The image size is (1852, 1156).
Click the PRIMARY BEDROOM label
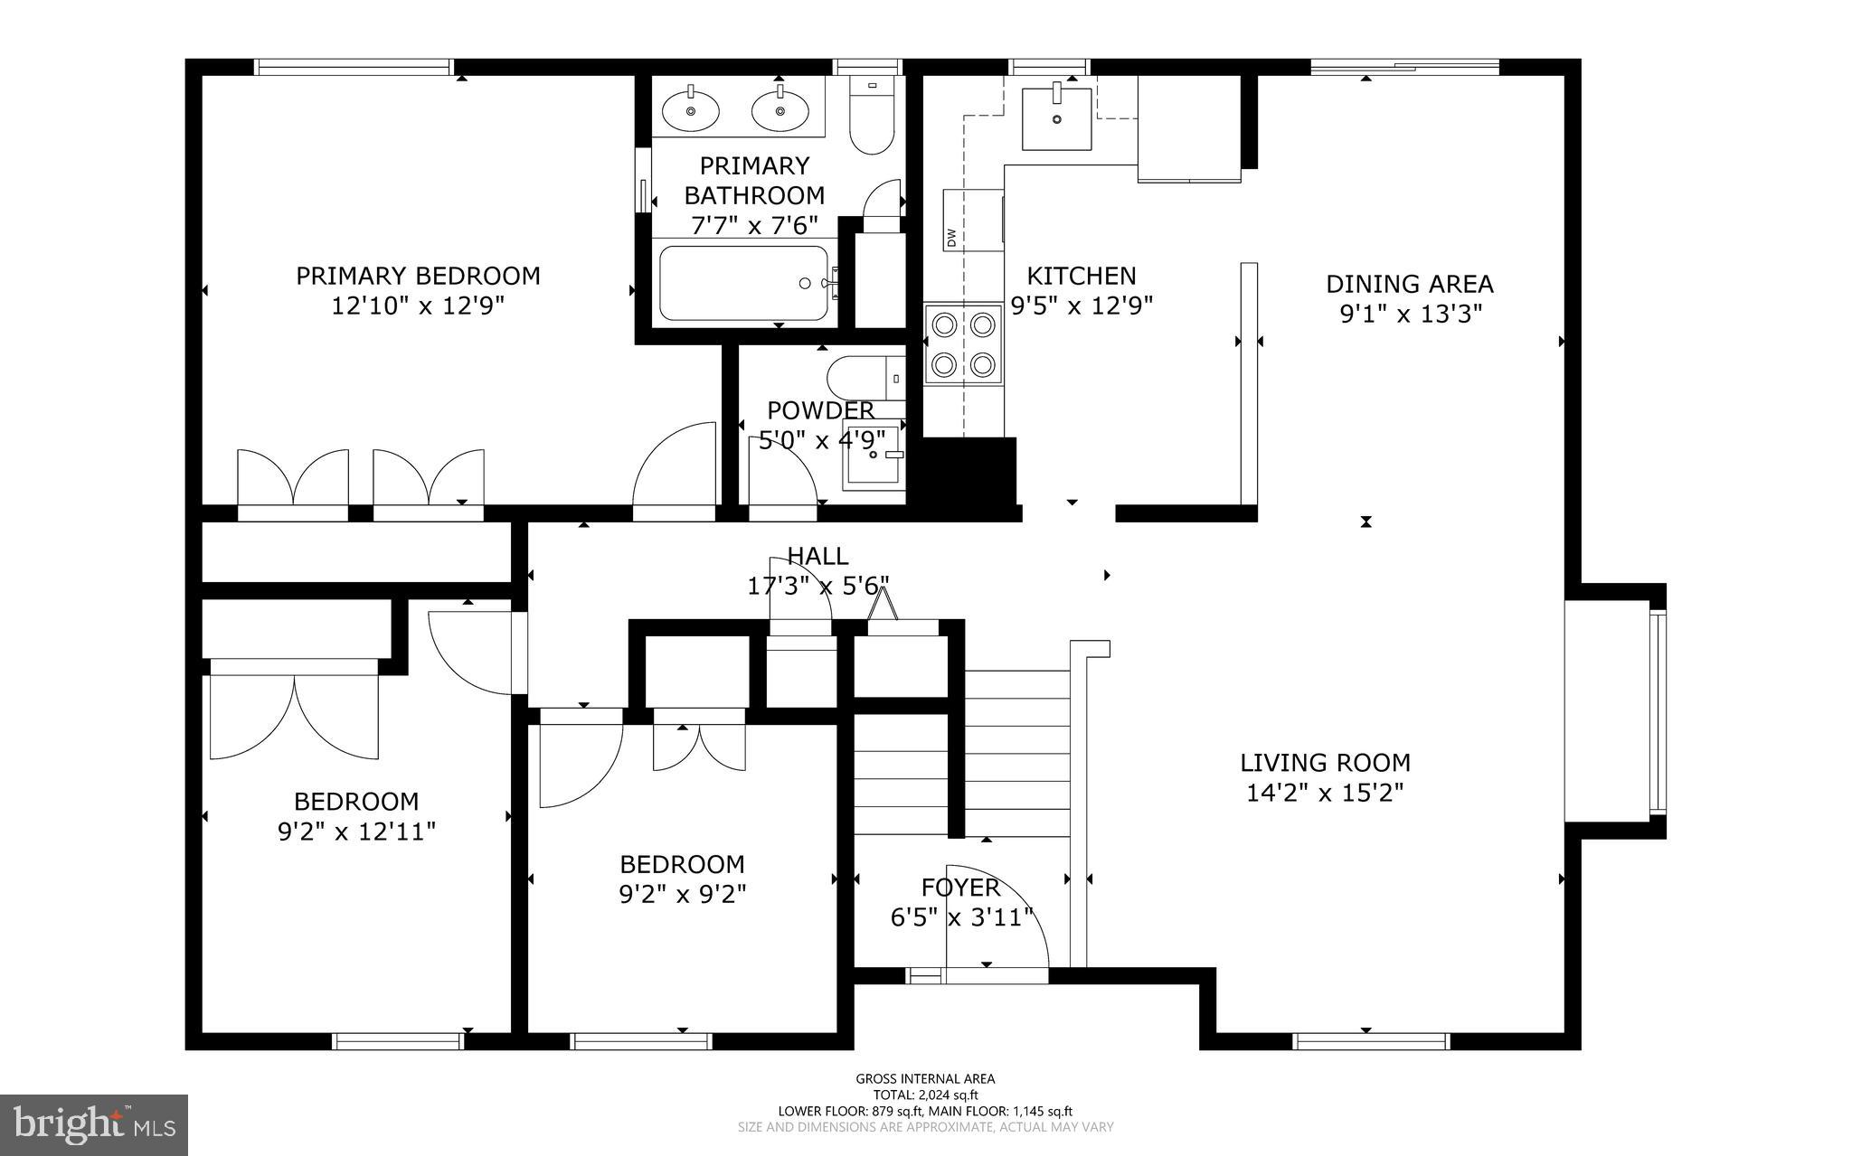418,276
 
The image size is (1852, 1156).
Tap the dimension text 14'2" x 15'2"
1324,793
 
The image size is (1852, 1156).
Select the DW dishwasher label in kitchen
951,238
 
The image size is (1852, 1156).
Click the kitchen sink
1056,118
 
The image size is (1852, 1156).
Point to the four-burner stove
963,344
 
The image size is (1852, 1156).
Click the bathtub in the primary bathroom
743,284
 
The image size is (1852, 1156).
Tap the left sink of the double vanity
691,110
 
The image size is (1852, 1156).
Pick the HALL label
817,556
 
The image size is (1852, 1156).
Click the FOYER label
960,887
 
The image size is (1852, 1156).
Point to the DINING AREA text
1409,284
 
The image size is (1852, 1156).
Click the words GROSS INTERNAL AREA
925,1078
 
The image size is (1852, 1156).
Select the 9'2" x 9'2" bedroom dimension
682,894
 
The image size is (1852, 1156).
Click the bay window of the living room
1657,711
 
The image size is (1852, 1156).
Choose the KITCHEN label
1081,276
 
